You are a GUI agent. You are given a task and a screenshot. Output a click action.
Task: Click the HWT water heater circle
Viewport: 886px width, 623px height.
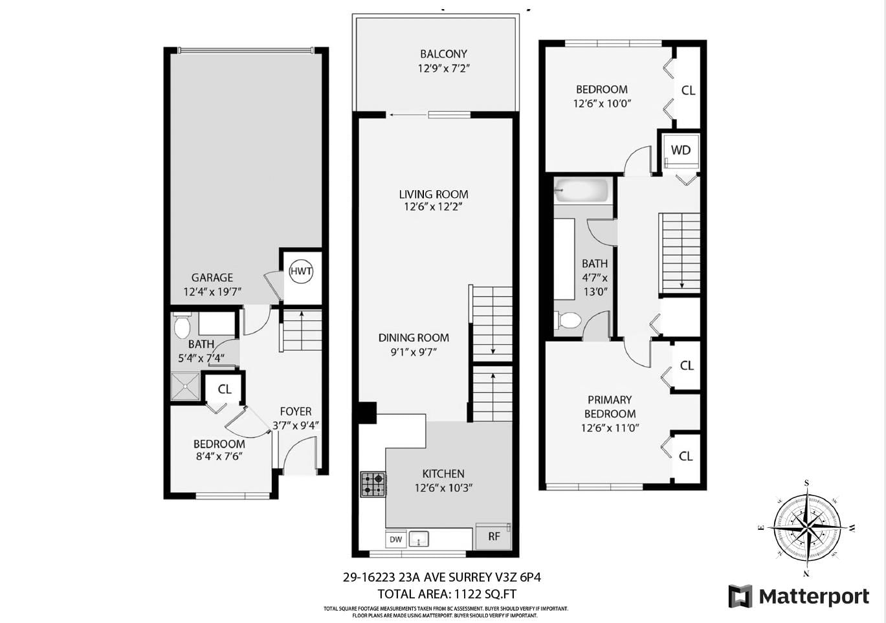[301, 272]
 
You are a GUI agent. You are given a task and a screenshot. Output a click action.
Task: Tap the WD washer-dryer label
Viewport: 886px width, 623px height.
[680, 151]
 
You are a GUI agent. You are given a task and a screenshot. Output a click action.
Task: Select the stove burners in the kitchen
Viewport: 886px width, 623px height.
[373, 484]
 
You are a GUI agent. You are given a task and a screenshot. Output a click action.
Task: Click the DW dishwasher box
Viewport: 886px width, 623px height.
[395, 539]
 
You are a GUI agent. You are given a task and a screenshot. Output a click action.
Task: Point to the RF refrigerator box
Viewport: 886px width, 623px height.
[494, 536]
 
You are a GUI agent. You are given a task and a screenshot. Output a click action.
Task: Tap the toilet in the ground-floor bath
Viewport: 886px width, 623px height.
[183, 326]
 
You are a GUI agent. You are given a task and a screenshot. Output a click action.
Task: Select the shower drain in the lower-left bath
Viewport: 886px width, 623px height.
[185, 386]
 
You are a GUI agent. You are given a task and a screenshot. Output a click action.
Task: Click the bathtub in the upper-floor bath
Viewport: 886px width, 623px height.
[581, 191]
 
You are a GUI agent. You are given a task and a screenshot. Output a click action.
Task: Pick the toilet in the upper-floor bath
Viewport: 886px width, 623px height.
[568, 320]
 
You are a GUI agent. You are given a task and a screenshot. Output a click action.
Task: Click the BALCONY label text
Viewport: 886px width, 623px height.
[443, 54]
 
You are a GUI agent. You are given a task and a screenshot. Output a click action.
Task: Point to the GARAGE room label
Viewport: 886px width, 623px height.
[212, 278]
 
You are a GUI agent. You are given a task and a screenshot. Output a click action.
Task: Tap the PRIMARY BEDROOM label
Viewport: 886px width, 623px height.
[610, 407]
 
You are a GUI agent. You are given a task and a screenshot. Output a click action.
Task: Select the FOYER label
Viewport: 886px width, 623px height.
[296, 411]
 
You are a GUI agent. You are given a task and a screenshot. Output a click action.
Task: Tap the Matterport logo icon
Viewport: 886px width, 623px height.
[740, 596]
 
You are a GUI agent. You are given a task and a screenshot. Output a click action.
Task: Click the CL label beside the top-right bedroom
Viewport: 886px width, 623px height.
[688, 91]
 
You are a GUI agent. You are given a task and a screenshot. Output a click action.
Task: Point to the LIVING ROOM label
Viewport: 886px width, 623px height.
[433, 194]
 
